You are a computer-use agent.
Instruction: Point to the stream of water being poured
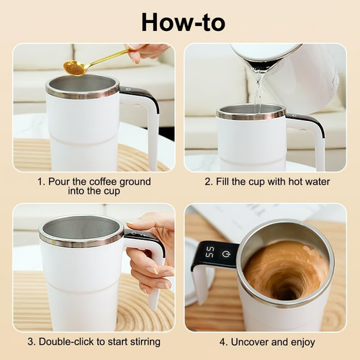pos(258,90)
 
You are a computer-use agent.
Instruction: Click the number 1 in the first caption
pos(40,181)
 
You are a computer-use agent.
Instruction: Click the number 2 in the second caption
pos(207,181)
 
